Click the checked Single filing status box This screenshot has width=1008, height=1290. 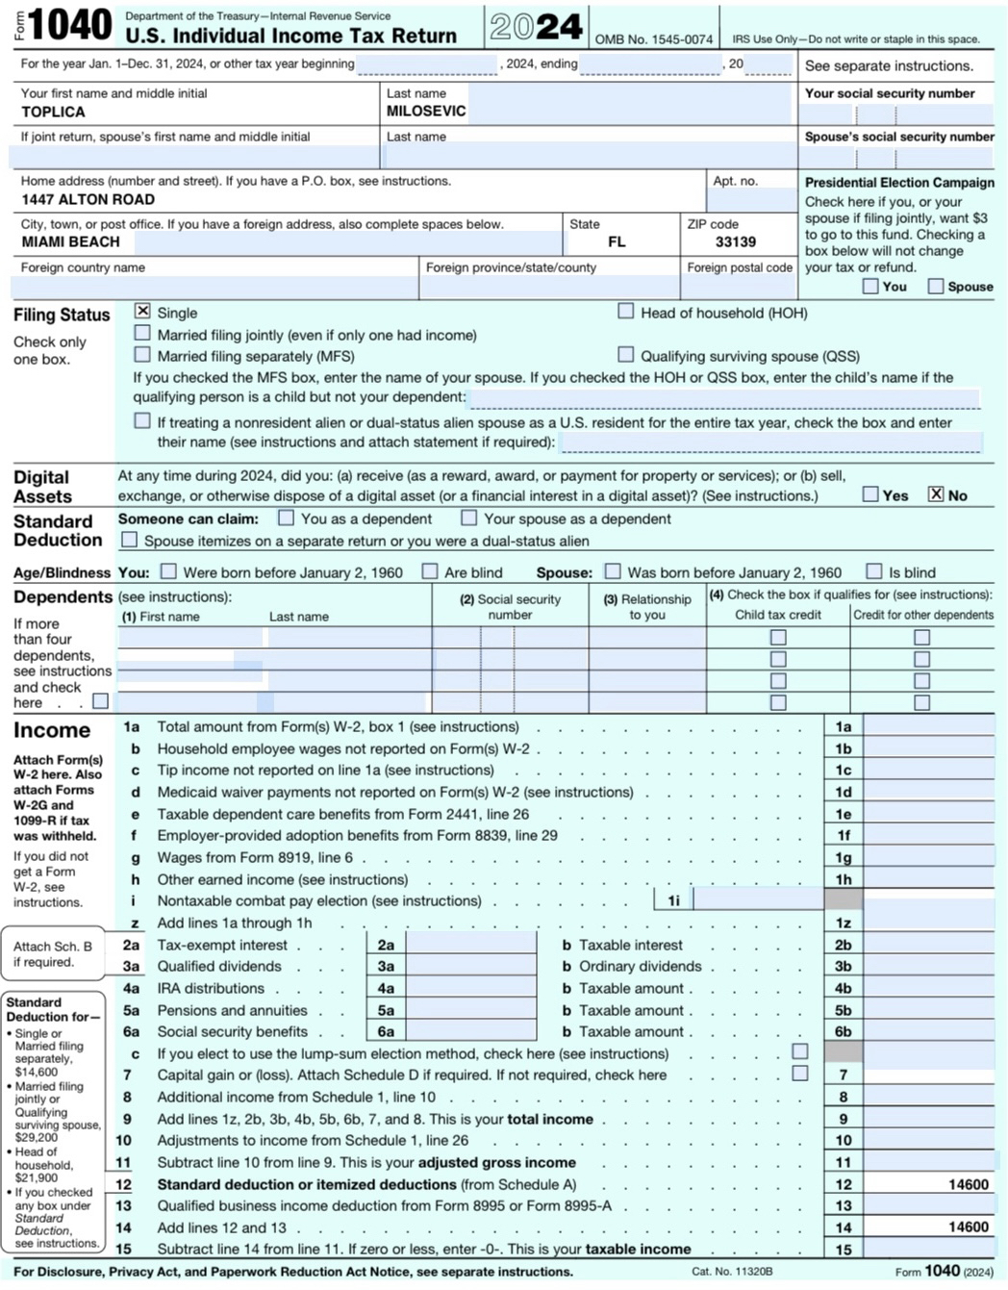142,311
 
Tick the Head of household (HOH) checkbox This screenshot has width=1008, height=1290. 626,311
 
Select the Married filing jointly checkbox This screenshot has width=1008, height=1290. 142,333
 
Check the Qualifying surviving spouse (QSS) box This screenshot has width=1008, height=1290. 626,354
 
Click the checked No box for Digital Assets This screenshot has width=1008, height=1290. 936,494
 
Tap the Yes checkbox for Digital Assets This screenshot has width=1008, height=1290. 870,494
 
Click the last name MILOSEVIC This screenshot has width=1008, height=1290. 426,112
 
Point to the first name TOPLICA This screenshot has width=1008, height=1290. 53,112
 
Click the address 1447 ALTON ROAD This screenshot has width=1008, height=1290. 88,200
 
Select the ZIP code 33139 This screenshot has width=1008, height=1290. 736,242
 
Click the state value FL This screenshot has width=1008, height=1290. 617,242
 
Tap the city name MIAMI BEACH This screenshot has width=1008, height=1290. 71,242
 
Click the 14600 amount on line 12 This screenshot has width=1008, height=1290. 968,1185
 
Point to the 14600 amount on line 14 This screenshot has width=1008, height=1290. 968,1227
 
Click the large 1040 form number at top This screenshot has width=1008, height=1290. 70,26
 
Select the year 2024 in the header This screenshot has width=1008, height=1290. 536,27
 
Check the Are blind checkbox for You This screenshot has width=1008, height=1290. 430,571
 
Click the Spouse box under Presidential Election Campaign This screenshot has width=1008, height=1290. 936,286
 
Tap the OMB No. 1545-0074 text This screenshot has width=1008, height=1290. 654,39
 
